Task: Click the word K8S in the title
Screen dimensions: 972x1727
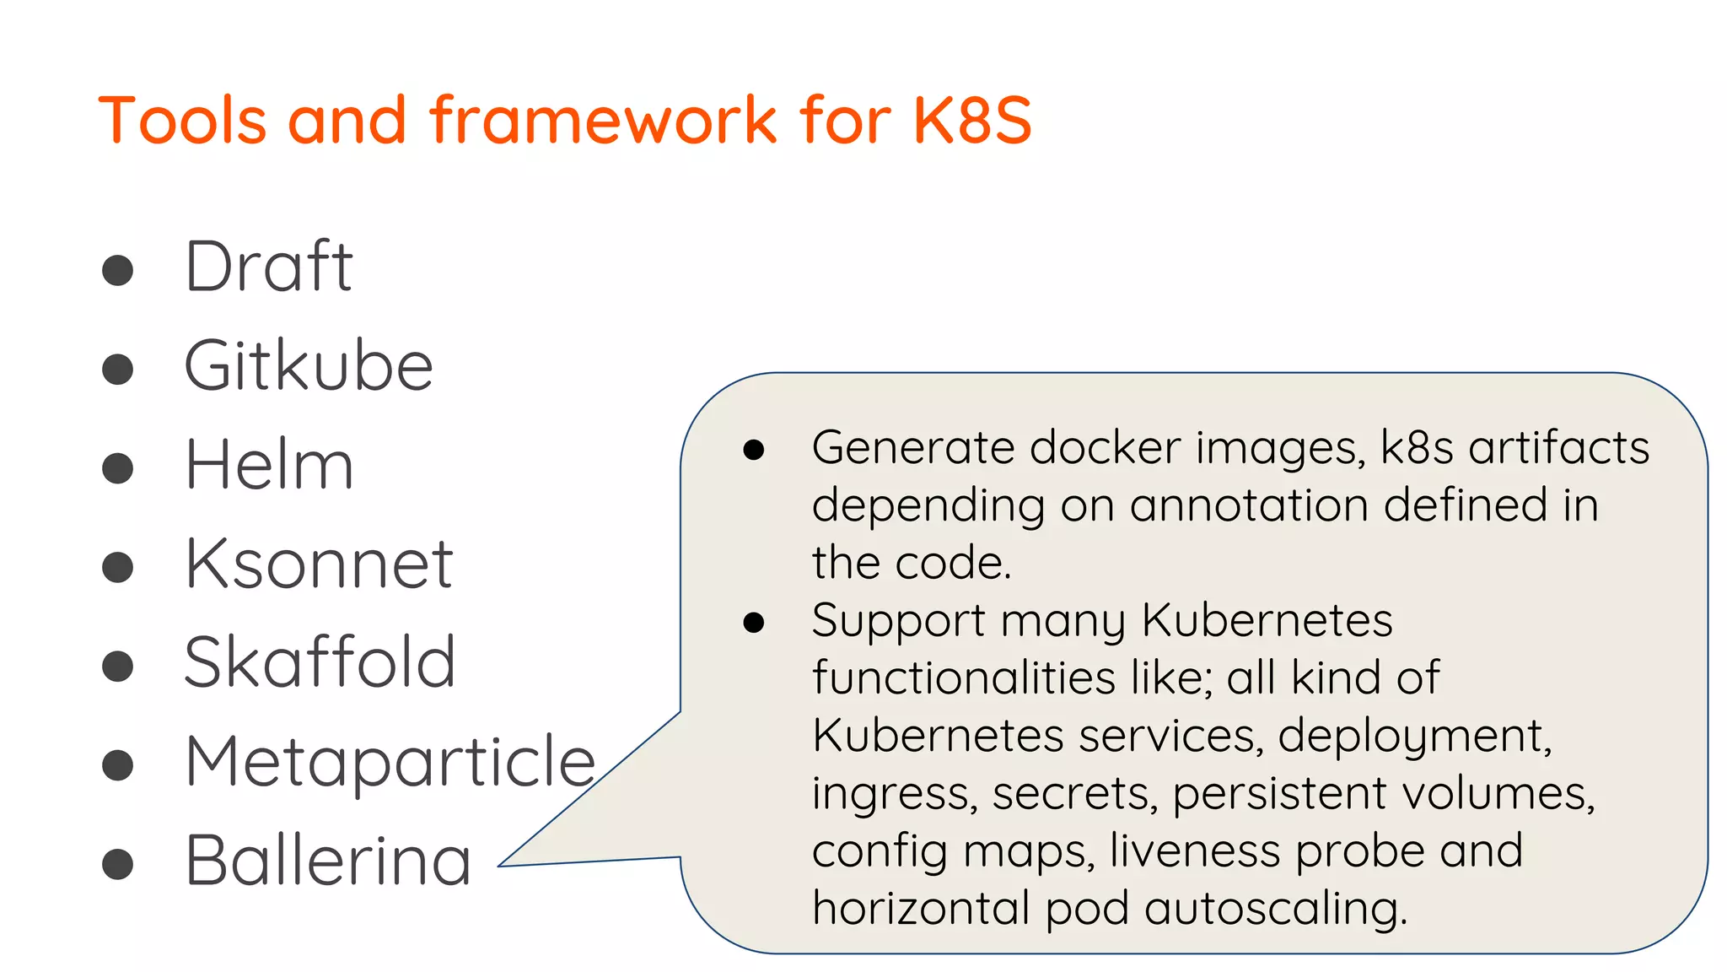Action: [x=971, y=120]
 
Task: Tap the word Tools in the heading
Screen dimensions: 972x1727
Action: [x=182, y=120]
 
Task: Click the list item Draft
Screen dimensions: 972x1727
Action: [x=268, y=267]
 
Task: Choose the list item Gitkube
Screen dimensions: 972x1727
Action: [x=309, y=366]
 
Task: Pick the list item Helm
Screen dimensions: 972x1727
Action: [x=269, y=465]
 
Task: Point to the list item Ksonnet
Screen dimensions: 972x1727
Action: [x=319, y=564]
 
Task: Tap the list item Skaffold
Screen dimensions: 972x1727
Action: [x=320, y=662]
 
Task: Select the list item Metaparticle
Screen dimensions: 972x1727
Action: [x=390, y=762]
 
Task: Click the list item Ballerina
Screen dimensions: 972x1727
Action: [x=328, y=861]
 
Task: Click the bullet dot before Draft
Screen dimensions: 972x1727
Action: [x=117, y=270]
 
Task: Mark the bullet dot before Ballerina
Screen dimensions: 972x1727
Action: [x=117, y=864]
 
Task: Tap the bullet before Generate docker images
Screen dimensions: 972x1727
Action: [x=753, y=450]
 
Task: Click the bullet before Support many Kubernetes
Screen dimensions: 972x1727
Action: [x=753, y=624]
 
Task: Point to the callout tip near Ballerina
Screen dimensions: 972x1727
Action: [x=506, y=864]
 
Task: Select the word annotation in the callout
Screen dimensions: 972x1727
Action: [x=1249, y=505]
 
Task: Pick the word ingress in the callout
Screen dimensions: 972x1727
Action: [x=892, y=794]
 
